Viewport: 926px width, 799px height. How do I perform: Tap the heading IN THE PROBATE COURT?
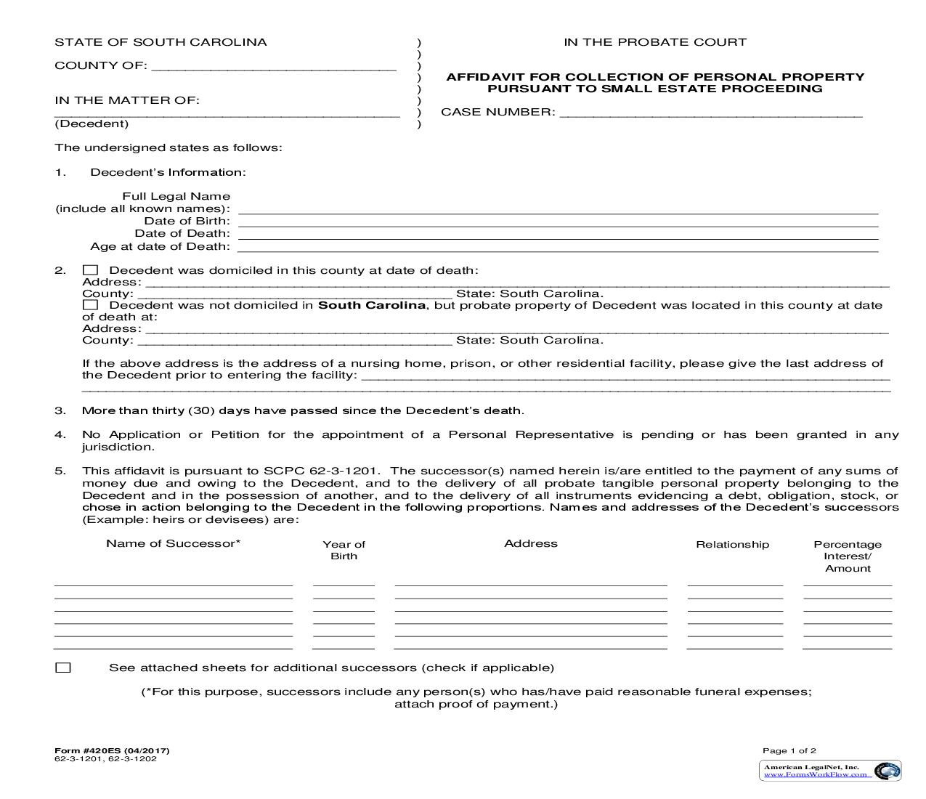654,42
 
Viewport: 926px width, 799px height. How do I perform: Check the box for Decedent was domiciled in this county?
90,270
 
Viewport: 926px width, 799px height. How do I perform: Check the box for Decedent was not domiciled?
90,306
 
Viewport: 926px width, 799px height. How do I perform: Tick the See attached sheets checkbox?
63,668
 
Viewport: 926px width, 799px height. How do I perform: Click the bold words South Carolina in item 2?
371,305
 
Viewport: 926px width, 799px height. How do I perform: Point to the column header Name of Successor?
173,543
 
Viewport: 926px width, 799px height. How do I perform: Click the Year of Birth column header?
344,550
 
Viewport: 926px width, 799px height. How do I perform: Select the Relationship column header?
732,544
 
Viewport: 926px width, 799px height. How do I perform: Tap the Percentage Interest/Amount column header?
848,556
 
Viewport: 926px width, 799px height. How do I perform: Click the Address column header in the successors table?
531,543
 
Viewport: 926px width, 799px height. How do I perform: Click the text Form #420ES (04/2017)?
112,750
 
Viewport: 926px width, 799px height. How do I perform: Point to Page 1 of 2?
789,750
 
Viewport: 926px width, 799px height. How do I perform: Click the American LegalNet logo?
830,770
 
